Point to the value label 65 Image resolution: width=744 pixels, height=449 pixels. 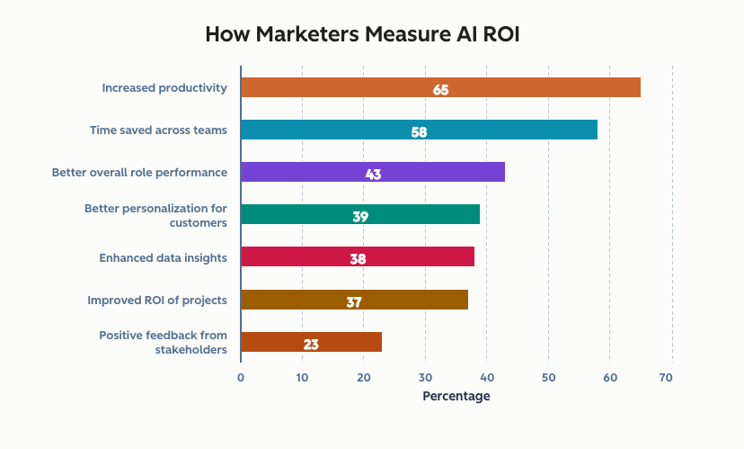(x=440, y=89)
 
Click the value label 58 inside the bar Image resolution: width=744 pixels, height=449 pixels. (x=419, y=131)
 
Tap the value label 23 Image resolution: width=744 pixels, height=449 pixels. (x=311, y=344)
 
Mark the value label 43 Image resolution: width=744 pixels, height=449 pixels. (x=373, y=174)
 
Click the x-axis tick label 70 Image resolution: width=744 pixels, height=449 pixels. (x=666, y=378)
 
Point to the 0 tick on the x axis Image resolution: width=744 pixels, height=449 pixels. (x=241, y=378)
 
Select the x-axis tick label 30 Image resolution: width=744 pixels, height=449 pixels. (x=425, y=378)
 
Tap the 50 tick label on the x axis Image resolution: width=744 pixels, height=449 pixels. (x=548, y=378)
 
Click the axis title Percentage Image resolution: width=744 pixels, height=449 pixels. (x=456, y=396)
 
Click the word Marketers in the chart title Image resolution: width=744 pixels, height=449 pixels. (x=316, y=35)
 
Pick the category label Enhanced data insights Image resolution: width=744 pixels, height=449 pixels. (x=163, y=257)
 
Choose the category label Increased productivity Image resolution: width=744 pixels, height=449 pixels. (x=164, y=87)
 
